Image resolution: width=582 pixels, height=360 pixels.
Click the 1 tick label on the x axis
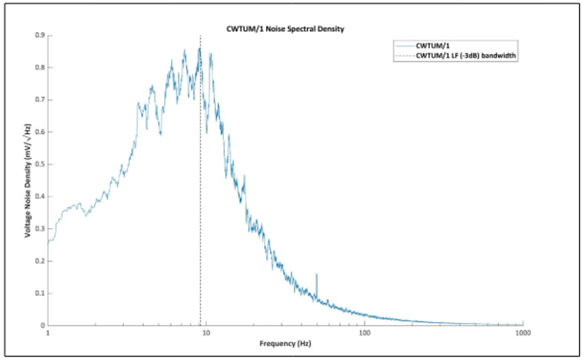click(x=48, y=332)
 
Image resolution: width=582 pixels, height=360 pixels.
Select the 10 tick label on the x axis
click(x=206, y=332)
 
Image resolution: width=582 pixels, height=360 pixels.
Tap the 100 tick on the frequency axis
click(x=365, y=332)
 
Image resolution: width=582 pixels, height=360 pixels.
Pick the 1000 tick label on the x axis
click(x=522, y=332)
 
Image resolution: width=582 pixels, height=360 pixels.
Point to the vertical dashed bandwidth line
click(x=201, y=219)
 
